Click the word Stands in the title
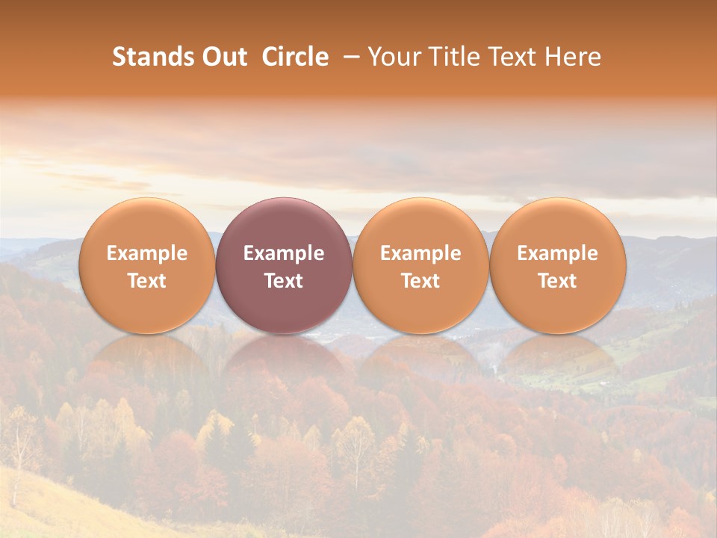(x=149, y=57)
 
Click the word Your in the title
(x=392, y=57)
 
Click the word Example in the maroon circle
(x=284, y=253)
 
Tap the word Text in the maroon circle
(x=284, y=281)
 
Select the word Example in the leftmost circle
(x=146, y=253)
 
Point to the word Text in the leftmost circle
(x=146, y=281)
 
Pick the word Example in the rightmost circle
(x=557, y=253)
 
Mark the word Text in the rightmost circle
(x=557, y=281)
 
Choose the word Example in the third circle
(x=420, y=253)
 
